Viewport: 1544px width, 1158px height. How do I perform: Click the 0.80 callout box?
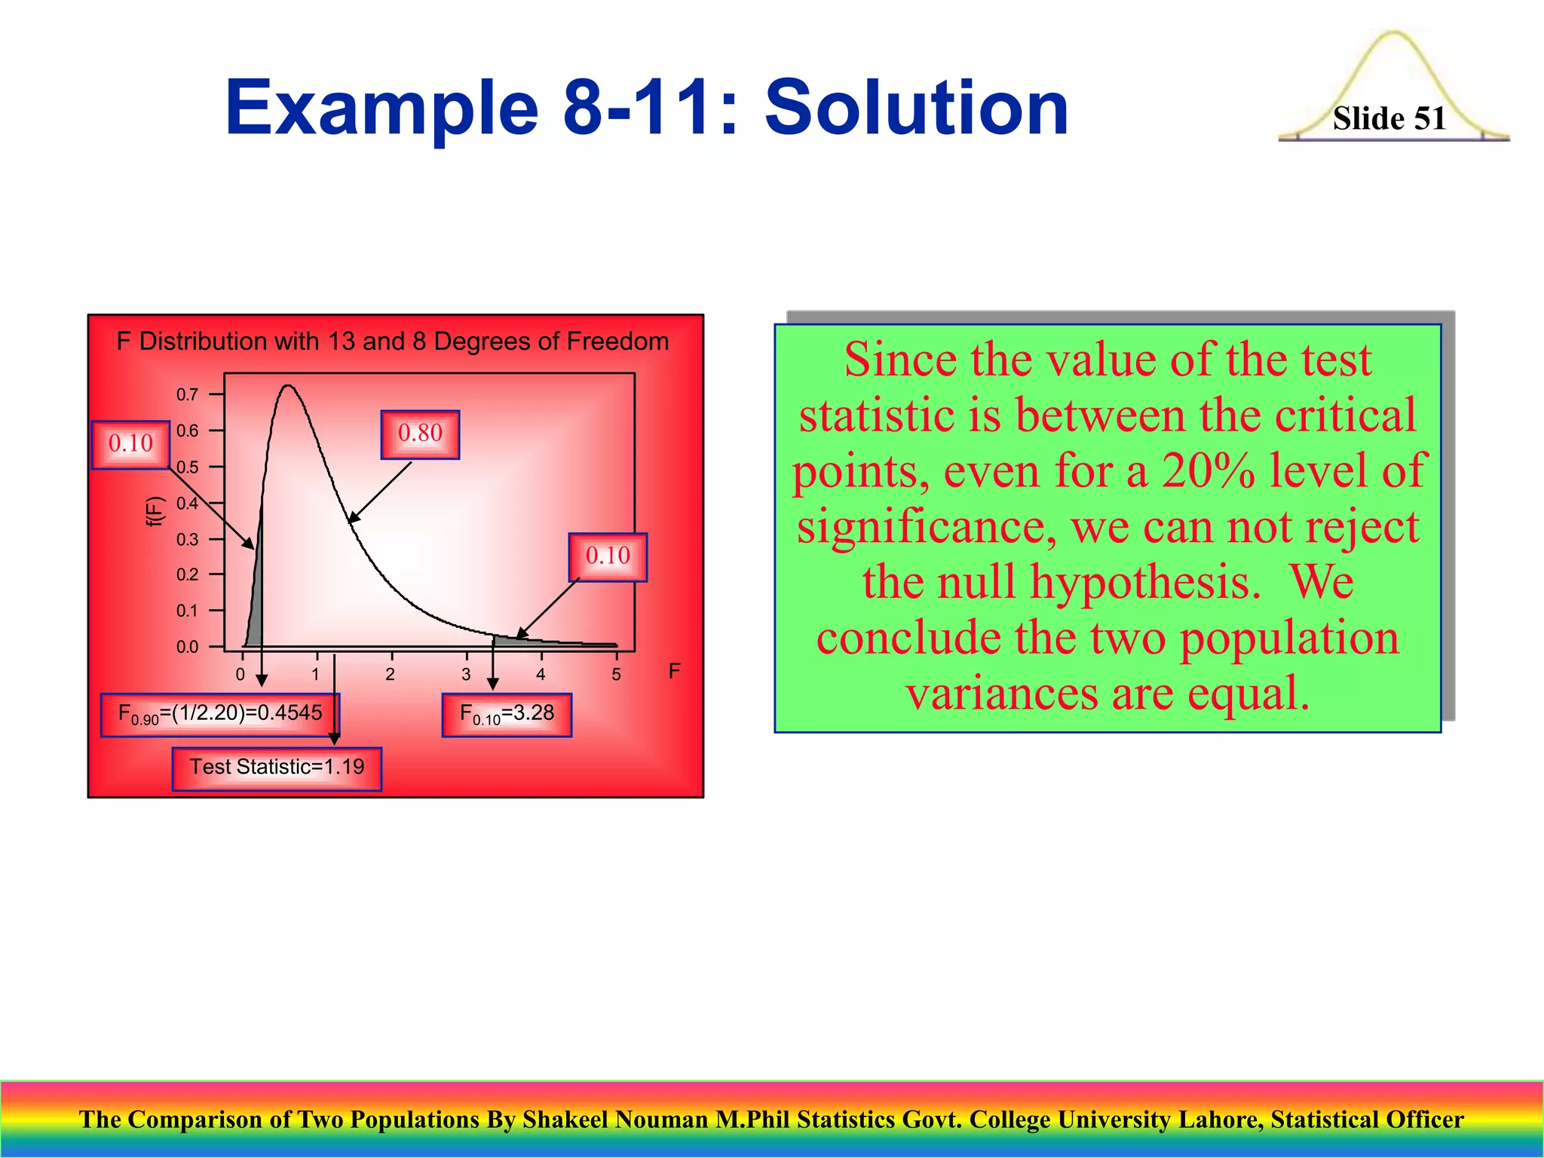click(x=420, y=434)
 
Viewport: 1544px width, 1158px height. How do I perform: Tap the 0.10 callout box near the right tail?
click(x=608, y=557)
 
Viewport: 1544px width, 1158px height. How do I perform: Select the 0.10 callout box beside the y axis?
click(x=130, y=444)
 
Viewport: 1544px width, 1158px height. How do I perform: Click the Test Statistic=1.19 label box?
click(x=277, y=768)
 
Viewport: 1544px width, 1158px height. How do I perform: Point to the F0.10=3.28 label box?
click(x=507, y=714)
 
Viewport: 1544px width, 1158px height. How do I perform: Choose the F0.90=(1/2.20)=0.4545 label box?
click(x=219, y=714)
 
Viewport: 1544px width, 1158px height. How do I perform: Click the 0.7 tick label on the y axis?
click(x=187, y=394)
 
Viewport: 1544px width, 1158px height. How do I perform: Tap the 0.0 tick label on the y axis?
click(x=187, y=647)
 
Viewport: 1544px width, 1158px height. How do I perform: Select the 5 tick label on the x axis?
click(x=616, y=675)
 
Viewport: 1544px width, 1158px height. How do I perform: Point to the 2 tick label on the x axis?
click(x=390, y=675)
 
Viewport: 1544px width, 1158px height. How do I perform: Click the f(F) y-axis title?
click(x=155, y=511)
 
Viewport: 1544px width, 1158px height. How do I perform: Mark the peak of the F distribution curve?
click(x=288, y=387)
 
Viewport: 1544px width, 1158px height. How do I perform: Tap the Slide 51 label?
click(x=1389, y=119)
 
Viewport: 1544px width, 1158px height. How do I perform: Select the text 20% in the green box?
click(x=1208, y=471)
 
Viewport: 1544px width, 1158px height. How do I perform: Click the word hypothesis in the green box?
click(x=1137, y=583)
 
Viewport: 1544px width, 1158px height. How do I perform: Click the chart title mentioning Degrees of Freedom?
click(x=393, y=342)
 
